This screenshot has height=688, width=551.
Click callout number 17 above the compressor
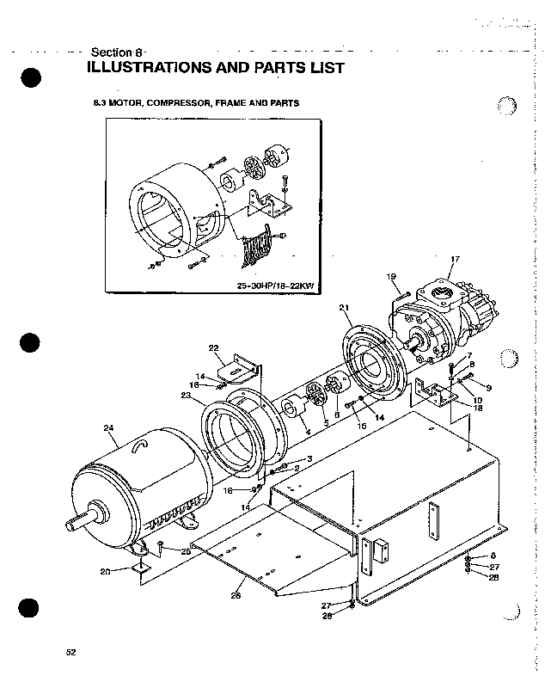pos(456,259)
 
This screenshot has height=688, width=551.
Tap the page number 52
pos(71,653)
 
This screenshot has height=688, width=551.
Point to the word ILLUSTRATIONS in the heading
pos(154,68)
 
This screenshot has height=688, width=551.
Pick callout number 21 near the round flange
pos(345,307)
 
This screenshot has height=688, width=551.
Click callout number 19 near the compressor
pos(391,276)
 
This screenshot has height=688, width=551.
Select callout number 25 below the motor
pos(186,551)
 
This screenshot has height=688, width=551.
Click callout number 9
pos(487,387)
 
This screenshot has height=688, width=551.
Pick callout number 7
pos(469,356)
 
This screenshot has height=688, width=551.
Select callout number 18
pos(478,408)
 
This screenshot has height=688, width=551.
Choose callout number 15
pos(362,427)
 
